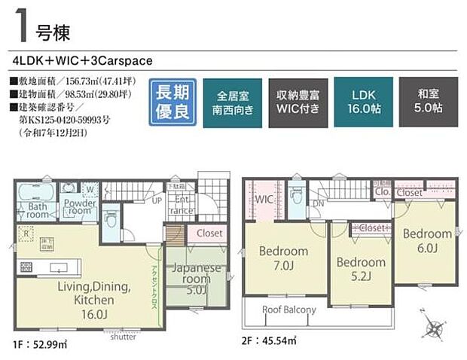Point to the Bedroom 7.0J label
tap(283, 258)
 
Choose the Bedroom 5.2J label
tap(361, 269)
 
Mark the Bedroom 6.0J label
tap(426, 241)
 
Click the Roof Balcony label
tap(288, 310)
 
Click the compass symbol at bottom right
tap(435, 328)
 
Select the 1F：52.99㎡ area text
tap(40, 345)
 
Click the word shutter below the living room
tap(123, 337)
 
